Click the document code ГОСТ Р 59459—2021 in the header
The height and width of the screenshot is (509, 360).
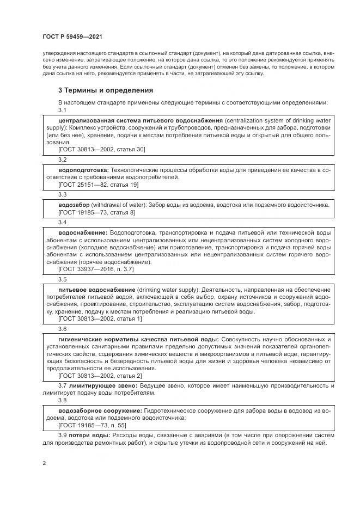click(72, 37)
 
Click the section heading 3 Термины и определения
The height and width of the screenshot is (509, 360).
click(105, 90)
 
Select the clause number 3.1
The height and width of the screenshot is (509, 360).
click(62, 110)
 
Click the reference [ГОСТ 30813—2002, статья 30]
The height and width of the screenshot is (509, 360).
click(101, 149)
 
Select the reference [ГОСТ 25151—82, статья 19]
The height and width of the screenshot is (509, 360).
click(98, 185)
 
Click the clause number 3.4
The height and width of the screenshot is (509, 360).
click(62, 222)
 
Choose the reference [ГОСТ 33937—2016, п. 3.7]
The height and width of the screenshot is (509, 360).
click(96, 269)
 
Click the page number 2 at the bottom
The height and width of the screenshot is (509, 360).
click(44, 463)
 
